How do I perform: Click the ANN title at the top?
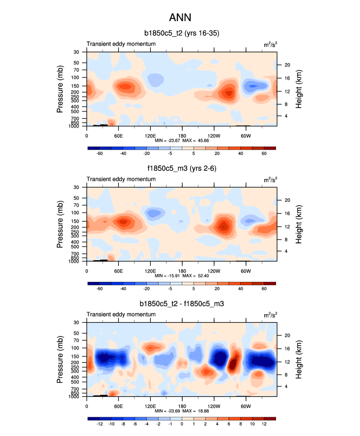(180, 18)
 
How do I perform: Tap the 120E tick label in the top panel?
(150, 135)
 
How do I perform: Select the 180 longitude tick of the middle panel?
(182, 271)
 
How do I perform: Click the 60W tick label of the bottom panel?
(246, 406)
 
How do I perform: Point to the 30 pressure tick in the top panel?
(77, 52)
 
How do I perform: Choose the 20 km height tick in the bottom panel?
(288, 335)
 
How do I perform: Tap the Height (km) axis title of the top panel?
(299, 88)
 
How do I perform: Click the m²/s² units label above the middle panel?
(270, 180)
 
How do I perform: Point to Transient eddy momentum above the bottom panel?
(121, 315)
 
